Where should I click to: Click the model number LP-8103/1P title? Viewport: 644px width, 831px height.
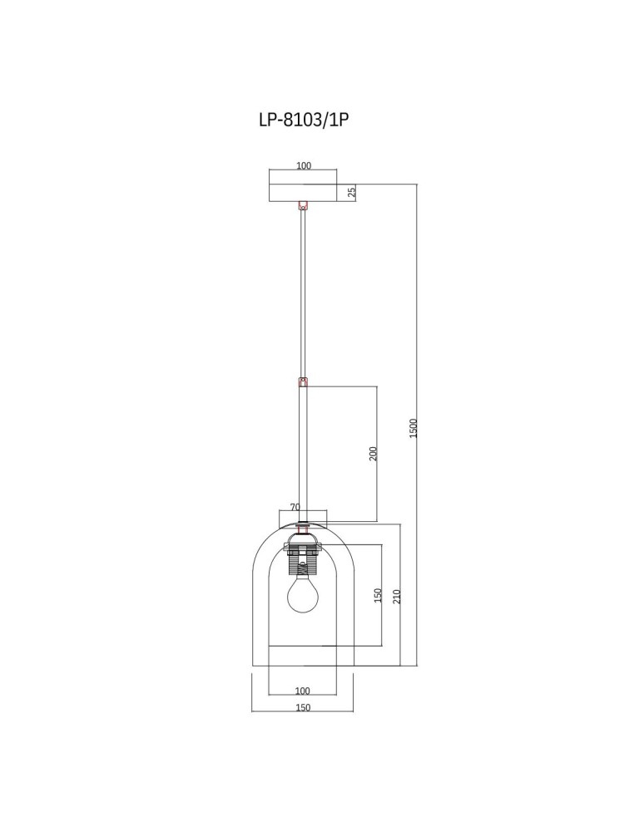click(x=303, y=119)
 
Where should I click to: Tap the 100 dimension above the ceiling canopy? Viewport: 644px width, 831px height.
click(x=304, y=165)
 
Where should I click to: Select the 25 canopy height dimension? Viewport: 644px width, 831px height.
click(x=352, y=192)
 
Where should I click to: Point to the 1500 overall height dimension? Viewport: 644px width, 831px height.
click(x=414, y=427)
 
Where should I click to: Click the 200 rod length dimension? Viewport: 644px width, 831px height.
click(x=374, y=453)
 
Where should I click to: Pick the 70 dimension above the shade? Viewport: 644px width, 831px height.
click(x=295, y=506)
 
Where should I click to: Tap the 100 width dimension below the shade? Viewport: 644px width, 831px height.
click(x=303, y=691)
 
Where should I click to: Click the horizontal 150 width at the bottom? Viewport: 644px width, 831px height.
click(x=303, y=707)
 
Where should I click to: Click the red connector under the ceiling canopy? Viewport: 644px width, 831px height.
click(x=303, y=204)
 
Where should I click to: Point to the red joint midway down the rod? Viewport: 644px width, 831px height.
click(x=303, y=382)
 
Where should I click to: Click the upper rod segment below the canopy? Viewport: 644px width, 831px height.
click(x=303, y=291)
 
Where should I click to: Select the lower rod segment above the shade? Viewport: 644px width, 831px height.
click(x=303, y=453)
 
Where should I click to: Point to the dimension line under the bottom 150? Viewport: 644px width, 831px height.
click(x=303, y=713)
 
